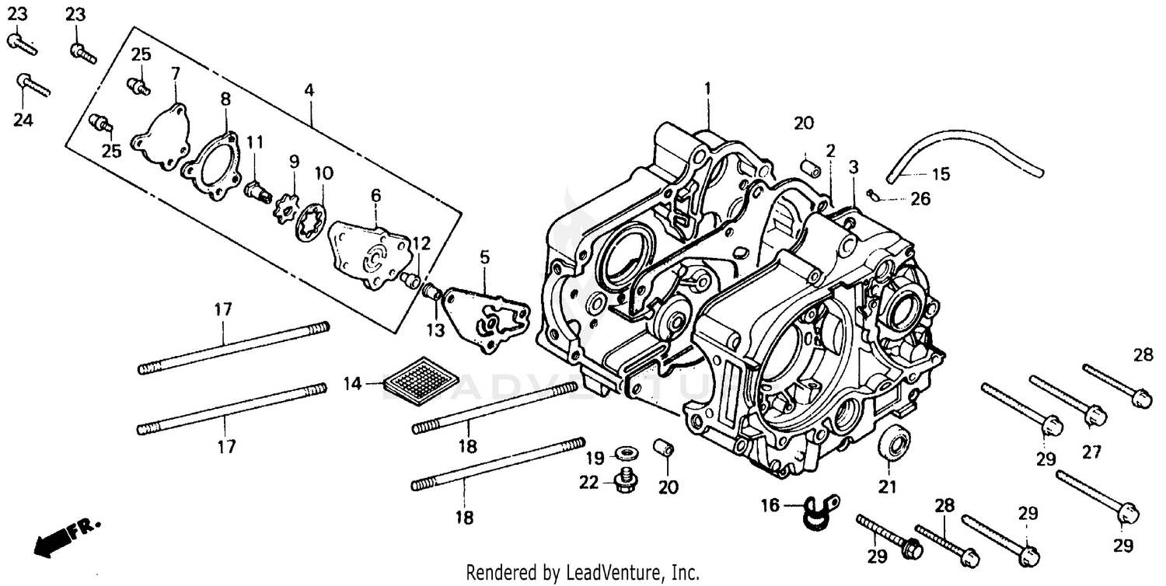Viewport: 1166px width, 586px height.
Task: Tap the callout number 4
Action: [x=309, y=90]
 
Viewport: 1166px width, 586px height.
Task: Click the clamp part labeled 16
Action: [x=812, y=511]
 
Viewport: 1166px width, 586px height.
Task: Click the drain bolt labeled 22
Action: [x=623, y=482]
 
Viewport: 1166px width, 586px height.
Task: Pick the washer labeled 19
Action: [x=624, y=452]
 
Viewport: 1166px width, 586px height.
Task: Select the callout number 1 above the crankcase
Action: [x=707, y=89]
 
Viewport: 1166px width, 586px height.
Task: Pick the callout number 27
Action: [x=1093, y=452]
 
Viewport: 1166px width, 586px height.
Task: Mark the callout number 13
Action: [x=435, y=330]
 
